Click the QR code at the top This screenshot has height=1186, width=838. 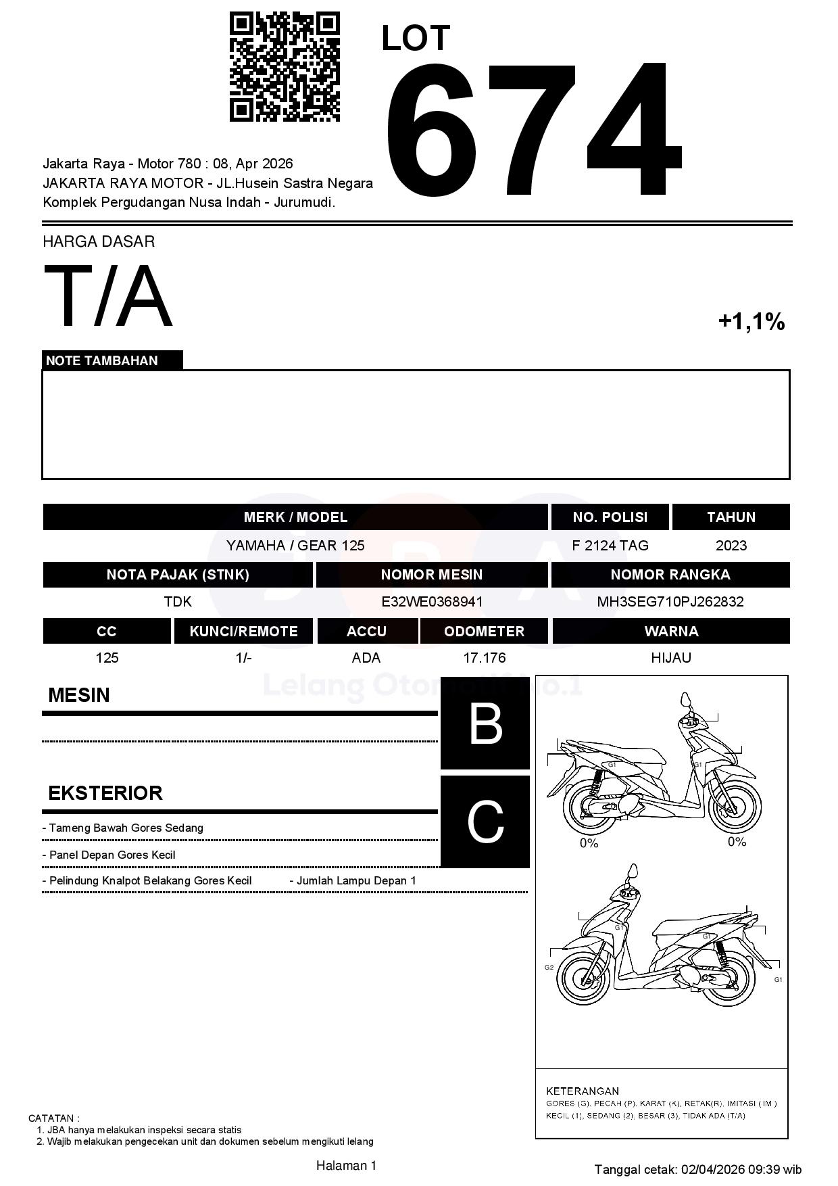pos(285,66)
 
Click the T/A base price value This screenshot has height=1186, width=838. pos(108,296)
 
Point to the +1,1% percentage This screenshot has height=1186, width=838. pos(751,322)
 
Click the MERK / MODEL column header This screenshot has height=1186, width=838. pos(295,517)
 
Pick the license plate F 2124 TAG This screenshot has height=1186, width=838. pos(610,546)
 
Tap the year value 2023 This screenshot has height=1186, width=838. pos(731,546)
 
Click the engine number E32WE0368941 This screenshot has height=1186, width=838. pos(432,602)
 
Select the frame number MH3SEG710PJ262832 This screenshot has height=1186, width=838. pos(670,602)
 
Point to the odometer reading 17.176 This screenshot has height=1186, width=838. pos(484,658)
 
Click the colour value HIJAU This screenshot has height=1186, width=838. pos(670,658)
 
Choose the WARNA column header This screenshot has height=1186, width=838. pos(670,632)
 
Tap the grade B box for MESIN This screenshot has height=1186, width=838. pos(485,724)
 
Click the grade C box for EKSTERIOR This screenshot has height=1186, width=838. pos(485,822)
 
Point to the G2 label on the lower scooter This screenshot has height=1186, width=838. pos(549,968)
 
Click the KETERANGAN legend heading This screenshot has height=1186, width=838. pos(582,1091)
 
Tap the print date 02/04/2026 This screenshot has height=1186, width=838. pos(713,1169)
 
